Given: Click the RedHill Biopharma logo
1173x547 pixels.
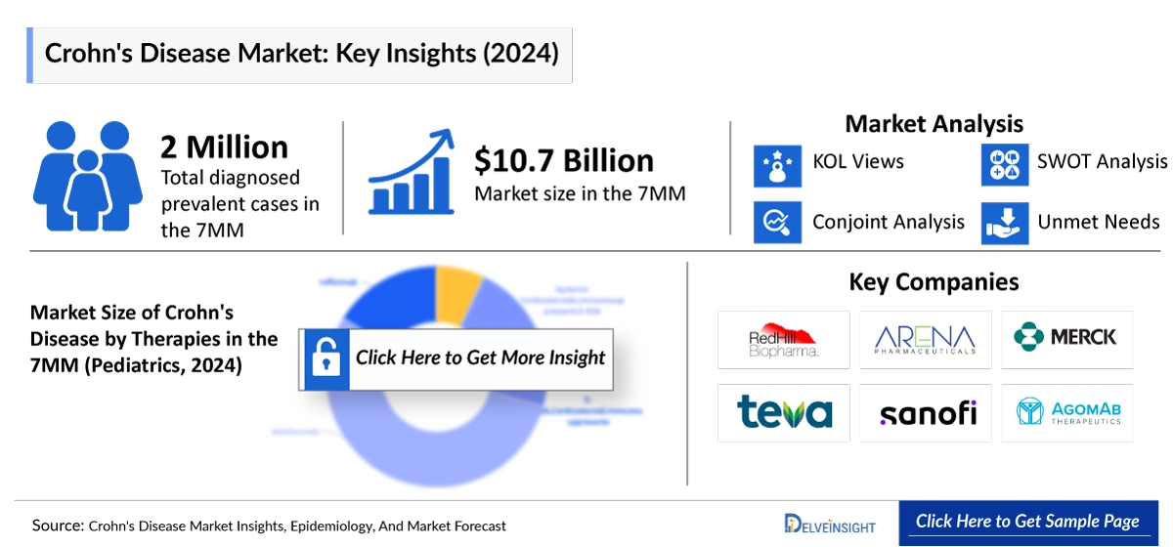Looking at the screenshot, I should tap(783, 339).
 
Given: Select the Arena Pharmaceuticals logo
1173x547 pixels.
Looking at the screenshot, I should tap(925, 339).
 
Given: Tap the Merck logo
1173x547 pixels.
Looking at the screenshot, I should tap(1066, 338).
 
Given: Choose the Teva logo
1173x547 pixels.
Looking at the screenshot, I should tap(783, 412).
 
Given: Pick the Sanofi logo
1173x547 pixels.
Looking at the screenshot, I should tap(925, 412).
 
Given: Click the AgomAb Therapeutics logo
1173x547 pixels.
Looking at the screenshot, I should tap(1066, 412).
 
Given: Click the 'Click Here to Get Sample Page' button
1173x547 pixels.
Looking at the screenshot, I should tap(1026, 522).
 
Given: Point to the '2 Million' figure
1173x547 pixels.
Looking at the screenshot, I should tap(225, 147).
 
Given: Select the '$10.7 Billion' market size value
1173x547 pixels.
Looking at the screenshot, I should tap(564, 161).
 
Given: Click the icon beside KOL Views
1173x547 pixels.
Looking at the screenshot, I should tap(777, 163).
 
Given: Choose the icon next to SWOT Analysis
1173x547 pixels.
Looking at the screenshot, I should tap(1005, 163).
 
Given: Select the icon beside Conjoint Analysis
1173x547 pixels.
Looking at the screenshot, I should tap(777, 222).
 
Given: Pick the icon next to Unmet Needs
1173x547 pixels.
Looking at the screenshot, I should tap(1005, 222).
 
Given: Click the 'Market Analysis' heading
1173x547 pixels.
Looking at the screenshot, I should tap(934, 124).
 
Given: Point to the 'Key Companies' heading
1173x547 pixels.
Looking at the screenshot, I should tap(934, 282).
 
